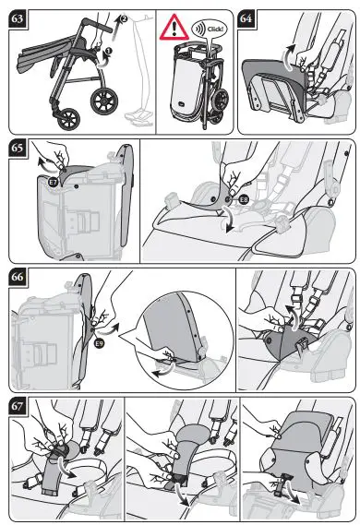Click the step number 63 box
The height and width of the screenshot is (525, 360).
17,18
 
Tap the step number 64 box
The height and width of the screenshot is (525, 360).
246,18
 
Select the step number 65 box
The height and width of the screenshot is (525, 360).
17,148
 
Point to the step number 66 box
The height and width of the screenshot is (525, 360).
17,277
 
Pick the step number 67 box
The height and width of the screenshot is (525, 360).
17,406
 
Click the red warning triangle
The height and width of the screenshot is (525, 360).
174,29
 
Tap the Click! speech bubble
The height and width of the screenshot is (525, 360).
210,29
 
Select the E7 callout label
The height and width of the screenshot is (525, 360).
54,182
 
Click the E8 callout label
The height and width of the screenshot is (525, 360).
244,200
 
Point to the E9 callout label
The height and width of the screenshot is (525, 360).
99,342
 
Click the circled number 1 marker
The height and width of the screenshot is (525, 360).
108,52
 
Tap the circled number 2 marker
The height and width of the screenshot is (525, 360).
124,18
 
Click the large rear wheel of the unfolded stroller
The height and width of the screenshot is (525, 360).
104,101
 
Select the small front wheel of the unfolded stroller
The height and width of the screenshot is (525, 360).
68,120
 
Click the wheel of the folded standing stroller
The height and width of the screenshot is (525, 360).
222,99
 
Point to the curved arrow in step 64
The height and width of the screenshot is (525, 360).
287,57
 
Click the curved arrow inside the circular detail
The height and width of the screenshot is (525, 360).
163,370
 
